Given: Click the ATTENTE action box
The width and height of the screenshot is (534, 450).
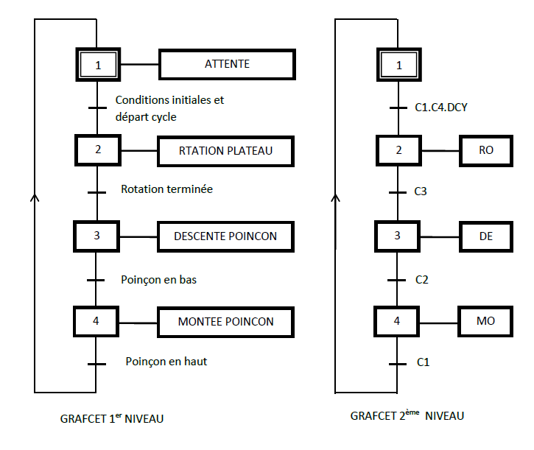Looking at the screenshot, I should [x=227, y=64].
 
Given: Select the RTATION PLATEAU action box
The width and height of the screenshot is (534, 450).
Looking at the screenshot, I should [x=226, y=151].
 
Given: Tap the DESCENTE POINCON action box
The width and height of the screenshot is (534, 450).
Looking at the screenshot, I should [x=225, y=236].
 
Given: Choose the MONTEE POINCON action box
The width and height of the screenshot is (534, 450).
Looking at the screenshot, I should [x=225, y=322].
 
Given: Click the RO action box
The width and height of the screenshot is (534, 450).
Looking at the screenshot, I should [x=486, y=150].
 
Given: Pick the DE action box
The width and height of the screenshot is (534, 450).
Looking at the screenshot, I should [x=486, y=236].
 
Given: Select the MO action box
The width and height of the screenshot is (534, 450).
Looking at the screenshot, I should [x=486, y=322].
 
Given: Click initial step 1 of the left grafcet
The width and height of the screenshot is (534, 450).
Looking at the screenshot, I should [x=98, y=65].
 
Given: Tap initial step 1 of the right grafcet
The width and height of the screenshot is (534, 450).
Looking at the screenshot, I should [x=399, y=65].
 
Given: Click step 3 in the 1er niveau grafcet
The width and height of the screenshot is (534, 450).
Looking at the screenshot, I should [x=97, y=236].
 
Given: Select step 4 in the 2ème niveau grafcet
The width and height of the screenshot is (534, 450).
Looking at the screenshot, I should [x=398, y=321].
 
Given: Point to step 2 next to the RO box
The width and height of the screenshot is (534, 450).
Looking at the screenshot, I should [x=398, y=150].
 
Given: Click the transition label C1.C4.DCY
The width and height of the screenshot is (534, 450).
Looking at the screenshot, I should [x=441, y=108].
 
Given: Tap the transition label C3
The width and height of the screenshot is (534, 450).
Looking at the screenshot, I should [x=421, y=191].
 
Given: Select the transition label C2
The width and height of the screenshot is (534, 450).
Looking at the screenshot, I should [x=422, y=280].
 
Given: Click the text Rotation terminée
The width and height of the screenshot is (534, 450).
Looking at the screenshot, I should [x=166, y=189].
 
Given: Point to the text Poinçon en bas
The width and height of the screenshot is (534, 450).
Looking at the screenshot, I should [x=158, y=280].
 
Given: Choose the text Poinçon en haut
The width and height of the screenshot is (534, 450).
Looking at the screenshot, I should [x=171, y=362].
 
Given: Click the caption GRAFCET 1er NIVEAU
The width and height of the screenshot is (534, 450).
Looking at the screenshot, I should [x=112, y=418].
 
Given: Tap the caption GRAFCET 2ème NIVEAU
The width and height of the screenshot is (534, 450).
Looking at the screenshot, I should [x=407, y=416].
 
